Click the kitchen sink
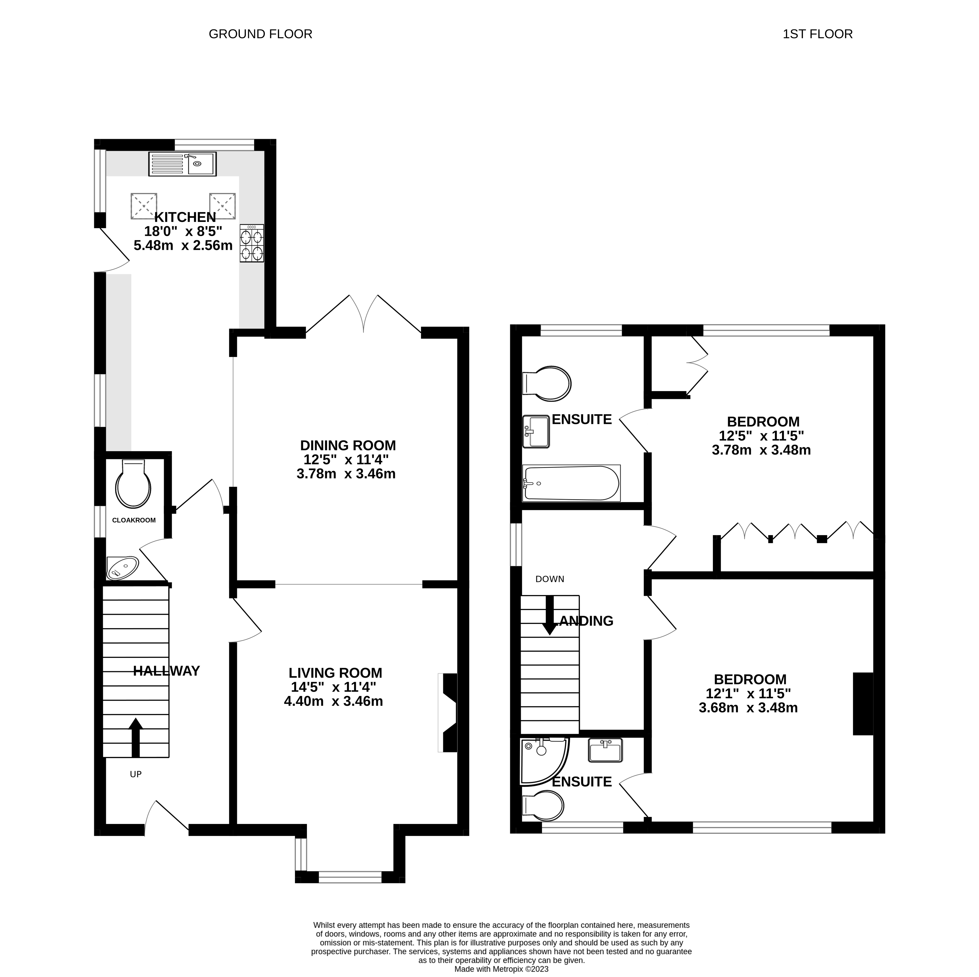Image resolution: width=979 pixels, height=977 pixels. (x=183, y=164)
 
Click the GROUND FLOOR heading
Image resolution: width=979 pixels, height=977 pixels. (x=260, y=34)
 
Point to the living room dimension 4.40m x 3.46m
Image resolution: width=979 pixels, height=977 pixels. (x=333, y=701)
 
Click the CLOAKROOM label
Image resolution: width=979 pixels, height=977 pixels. (x=134, y=520)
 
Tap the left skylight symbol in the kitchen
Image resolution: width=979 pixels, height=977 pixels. (x=144, y=206)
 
